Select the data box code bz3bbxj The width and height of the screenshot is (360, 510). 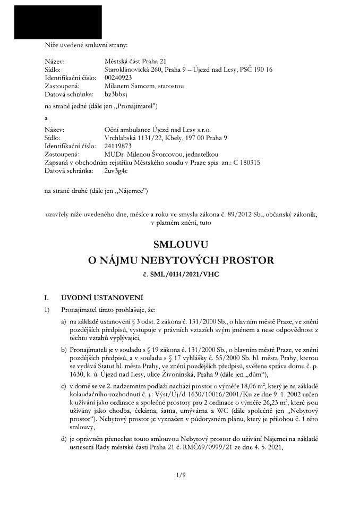pos(116,93)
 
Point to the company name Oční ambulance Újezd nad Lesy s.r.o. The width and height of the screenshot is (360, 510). pos(155,129)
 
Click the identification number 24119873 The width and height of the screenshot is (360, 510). pos(117,145)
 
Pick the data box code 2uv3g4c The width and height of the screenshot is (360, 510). pos(117,171)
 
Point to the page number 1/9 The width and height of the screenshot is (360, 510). pos(180,474)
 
